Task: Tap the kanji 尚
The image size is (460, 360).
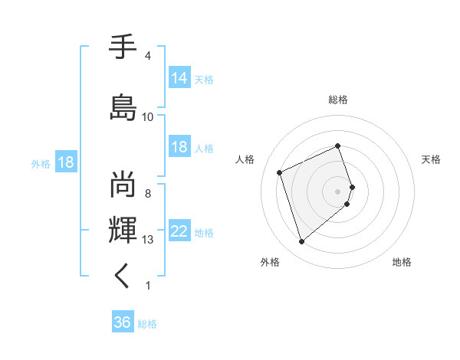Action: click(123, 184)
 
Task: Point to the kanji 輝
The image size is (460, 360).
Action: click(123, 229)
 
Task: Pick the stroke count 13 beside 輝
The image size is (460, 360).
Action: click(148, 240)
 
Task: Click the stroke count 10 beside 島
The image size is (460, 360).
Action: click(148, 116)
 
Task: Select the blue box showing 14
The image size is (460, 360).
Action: click(179, 78)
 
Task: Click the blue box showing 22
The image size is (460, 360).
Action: click(179, 231)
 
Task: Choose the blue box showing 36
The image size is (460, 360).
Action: click(122, 322)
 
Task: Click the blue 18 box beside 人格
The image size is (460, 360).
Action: click(179, 147)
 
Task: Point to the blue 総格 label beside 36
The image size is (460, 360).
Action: click(147, 324)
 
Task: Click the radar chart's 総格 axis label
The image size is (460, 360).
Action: click(338, 100)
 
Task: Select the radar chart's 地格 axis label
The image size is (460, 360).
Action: click(402, 262)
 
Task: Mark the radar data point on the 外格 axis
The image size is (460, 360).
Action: click(301, 242)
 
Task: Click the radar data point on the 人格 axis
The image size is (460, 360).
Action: click(281, 172)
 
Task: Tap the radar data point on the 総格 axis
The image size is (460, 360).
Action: click(338, 146)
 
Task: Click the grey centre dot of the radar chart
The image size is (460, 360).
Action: click(338, 191)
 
